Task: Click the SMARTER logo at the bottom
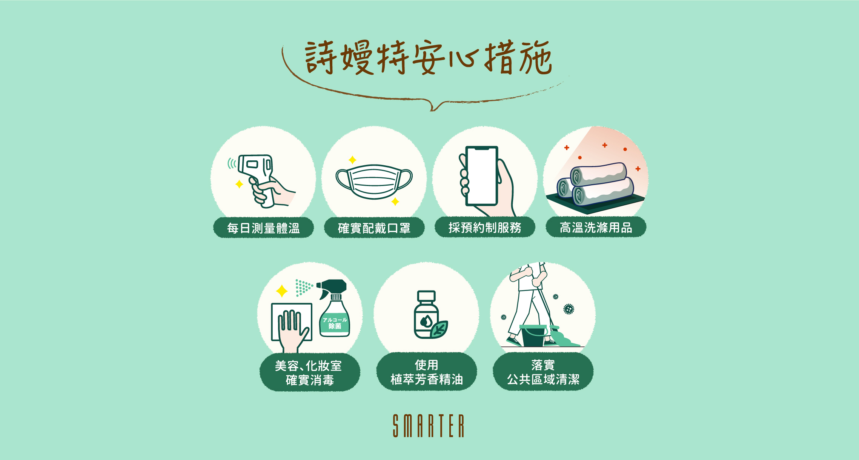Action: [429, 426]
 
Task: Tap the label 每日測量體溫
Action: [263, 228]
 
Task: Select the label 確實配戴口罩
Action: [374, 228]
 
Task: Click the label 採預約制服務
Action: [485, 228]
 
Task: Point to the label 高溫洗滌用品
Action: [596, 228]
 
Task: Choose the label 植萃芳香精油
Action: [427, 379]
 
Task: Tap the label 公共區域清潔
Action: [543, 379]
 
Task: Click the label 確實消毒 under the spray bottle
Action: [310, 380]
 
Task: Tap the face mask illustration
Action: [374, 181]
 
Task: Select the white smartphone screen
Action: [482, 175]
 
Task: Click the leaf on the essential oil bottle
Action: [439, 329]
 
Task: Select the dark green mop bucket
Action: [533, 336]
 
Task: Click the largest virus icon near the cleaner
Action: [569, 309]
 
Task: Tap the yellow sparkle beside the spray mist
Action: [281, 291]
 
